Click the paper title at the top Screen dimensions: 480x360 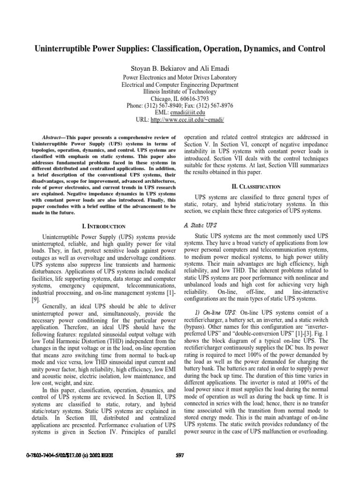pyautogui.click(x=180, y=48)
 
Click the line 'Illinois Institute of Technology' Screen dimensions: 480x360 pyautogui.click(x=180, y=92)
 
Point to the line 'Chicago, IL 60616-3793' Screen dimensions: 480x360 pyautogui.click(x=180, y=99)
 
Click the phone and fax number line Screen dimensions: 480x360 pyautogui.click(x=180, y=106)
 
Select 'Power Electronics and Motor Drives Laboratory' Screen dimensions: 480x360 pyautogui.click(x=180, y=77)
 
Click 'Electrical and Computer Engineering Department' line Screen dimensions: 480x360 pyautogui.click(x=180, y=85)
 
